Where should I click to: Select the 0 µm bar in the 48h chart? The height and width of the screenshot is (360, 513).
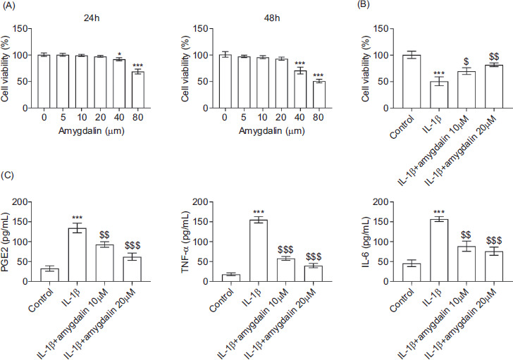[x=225, y=80]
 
